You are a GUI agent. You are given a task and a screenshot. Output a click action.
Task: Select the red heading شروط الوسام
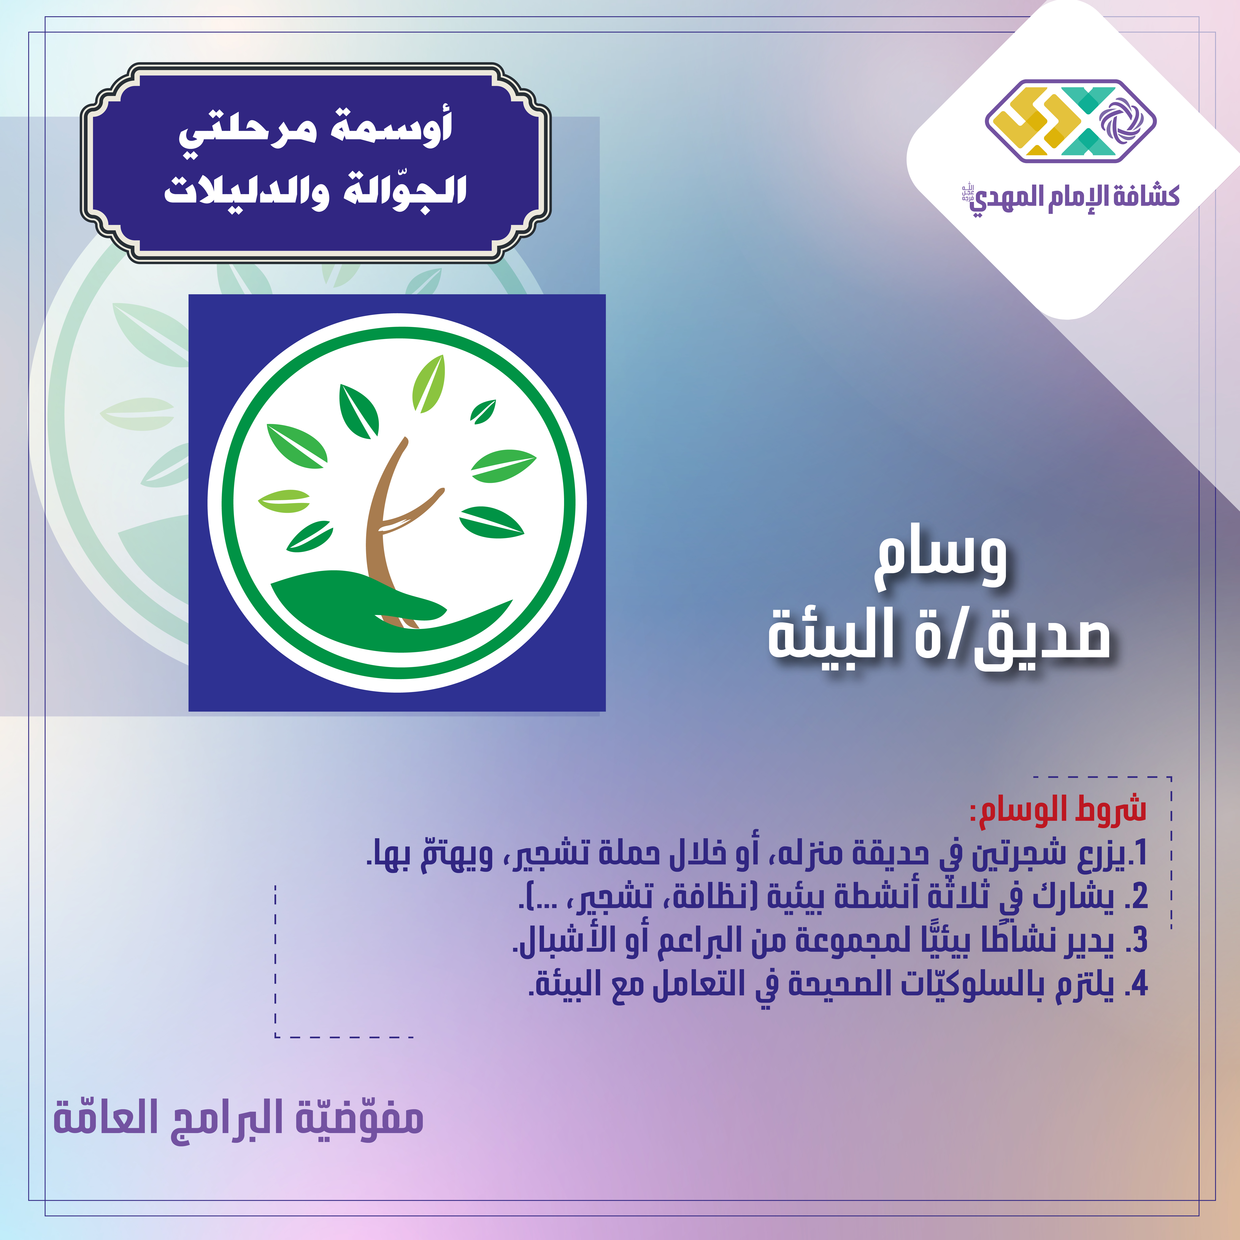point(1058,809)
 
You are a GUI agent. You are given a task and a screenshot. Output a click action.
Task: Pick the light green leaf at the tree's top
point(429,384)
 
